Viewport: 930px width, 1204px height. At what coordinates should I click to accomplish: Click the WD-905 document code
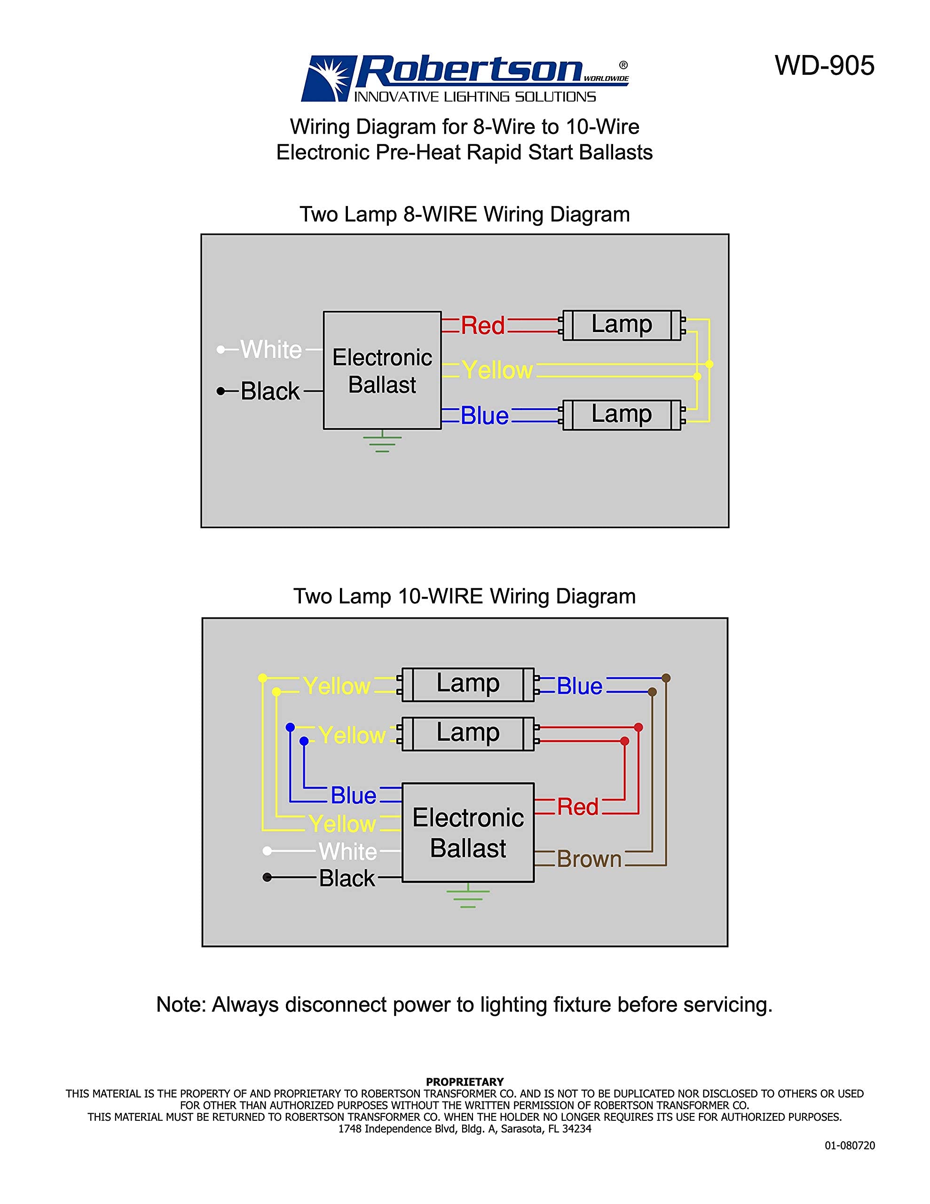point(824,65)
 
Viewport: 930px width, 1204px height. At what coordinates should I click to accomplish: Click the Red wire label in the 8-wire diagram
point(482,325)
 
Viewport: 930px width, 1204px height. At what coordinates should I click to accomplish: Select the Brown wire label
point(589,859)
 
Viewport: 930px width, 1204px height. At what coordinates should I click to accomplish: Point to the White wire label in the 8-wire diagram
point(271,349)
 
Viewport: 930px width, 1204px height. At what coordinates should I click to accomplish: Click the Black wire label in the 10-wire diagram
point(347,878)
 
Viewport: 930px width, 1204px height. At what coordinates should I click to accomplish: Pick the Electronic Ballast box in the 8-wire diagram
point(382,371)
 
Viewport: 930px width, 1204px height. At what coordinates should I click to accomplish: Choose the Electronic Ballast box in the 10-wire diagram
point(467,832)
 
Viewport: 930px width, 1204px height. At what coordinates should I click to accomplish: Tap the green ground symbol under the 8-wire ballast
point(382,443)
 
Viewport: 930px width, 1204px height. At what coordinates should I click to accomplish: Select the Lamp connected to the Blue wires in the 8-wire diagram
point(621,414)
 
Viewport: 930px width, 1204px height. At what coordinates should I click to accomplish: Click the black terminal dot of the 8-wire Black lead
point(221,391)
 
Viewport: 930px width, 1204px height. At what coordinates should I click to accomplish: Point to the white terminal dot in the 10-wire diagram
point(268,851)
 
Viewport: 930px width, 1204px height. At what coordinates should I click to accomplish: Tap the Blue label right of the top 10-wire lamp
point(579,686)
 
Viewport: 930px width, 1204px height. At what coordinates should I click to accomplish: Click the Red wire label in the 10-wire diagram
point(577,807)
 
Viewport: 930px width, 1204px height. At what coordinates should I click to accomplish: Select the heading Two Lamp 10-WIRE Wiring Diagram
point(464,596)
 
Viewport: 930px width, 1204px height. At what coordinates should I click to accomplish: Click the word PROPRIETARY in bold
point(464,1082)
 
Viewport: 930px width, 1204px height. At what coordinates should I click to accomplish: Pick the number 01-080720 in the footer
point(849,1146)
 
